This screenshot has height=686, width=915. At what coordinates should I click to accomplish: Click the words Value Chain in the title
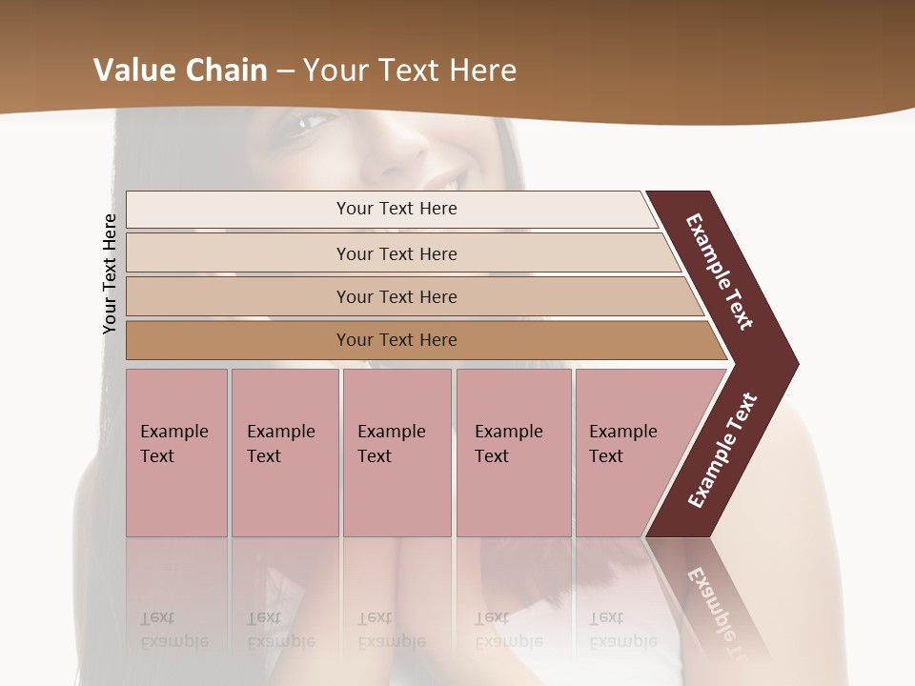[x=180, y=70]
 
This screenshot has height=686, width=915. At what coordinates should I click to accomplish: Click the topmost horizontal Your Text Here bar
[x=396, y=209]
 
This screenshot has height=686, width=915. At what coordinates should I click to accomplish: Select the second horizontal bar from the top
[x=396, y=253]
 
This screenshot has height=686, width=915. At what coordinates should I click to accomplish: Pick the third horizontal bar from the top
[x=396, y=296]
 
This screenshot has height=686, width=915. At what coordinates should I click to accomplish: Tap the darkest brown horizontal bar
[x=396, y=340]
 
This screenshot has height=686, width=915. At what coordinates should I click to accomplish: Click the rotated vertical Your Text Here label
[x=110, y=273]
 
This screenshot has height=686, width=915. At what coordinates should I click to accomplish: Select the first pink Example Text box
[x=176, y=453]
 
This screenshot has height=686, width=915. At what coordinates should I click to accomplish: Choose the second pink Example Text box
[x=284, y=453]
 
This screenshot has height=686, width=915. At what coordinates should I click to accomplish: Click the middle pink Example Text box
[x=396, y=453]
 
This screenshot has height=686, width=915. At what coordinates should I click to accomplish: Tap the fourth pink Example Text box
[x=514, y=453]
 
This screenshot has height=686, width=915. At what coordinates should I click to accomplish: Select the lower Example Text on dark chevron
[x=722, y=450]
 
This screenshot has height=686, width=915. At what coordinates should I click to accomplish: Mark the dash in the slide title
[x=285, y=71]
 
